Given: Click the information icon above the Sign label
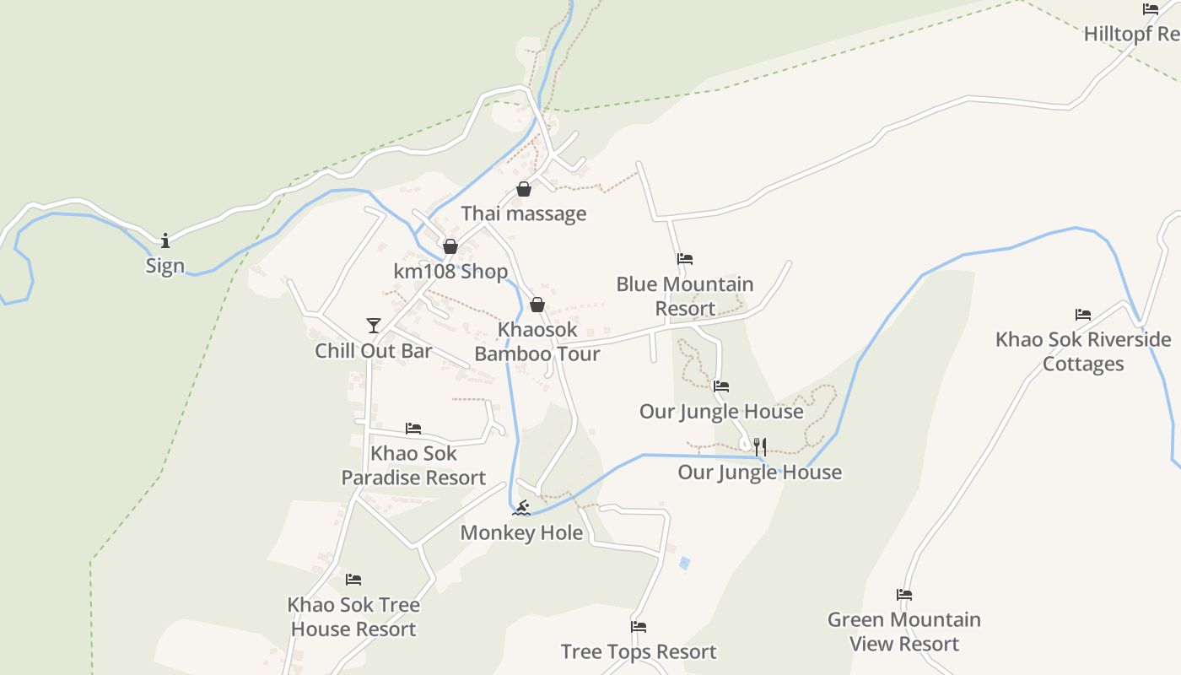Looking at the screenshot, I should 165,241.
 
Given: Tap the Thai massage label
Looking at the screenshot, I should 523,213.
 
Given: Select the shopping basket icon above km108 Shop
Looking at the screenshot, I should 450,246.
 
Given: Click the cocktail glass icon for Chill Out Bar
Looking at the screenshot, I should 374,326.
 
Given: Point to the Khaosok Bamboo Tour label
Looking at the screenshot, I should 537,342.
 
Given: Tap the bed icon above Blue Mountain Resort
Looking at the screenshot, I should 685,259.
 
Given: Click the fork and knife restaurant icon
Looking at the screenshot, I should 760,446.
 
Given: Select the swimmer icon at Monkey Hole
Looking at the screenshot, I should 521,507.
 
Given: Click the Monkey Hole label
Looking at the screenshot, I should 521,532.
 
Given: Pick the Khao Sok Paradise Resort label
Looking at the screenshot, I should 413,465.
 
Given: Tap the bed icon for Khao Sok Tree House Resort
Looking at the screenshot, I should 353,580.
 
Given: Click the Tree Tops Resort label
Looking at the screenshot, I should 639,651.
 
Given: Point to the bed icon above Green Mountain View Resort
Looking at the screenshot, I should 904,595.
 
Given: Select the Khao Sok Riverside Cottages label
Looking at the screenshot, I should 1083,352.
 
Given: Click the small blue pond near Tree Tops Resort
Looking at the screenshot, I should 684,562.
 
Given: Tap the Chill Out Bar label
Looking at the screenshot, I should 374,351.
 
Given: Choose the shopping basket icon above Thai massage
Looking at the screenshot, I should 524,189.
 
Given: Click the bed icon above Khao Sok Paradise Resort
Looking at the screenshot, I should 413,429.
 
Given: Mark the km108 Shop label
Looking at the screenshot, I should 450,272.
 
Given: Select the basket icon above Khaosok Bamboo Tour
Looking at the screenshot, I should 537,305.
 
